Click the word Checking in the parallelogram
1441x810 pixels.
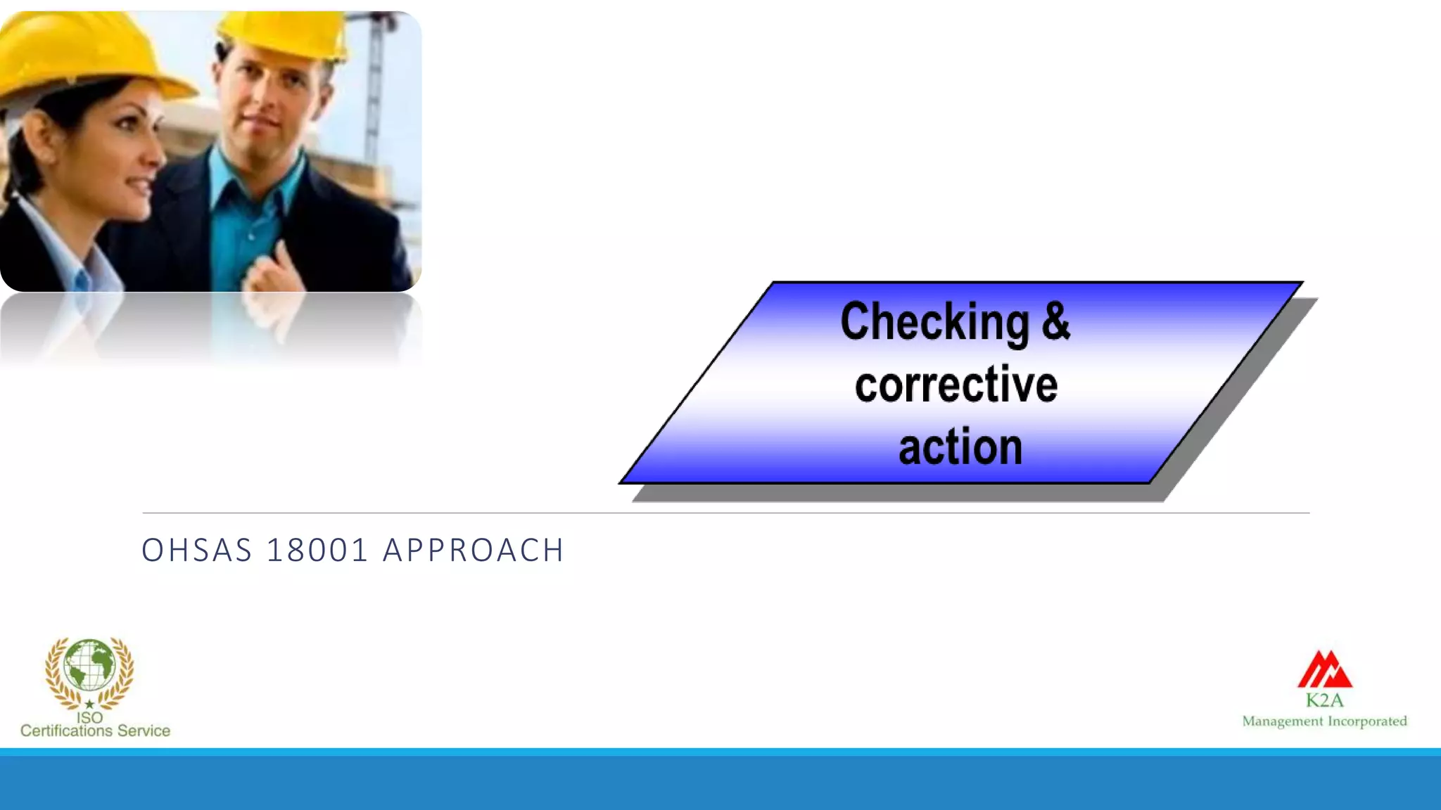tap(934, 322)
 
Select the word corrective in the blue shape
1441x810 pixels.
tap(956, 385)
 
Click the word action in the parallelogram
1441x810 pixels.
tap(960, 447)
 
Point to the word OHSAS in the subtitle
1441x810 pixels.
tap(197, 551)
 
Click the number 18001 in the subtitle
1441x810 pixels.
tap(317, 551)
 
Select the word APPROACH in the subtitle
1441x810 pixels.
tap(473, 551)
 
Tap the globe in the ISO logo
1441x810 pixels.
tap(89, 664)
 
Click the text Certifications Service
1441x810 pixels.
tap(95, 731)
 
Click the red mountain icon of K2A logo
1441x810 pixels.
tap(1324, 669)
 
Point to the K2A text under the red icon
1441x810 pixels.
tap(1324, 700)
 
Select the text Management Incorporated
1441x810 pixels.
tap(1324, 721)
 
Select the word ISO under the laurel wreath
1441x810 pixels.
tap(89, 718)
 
